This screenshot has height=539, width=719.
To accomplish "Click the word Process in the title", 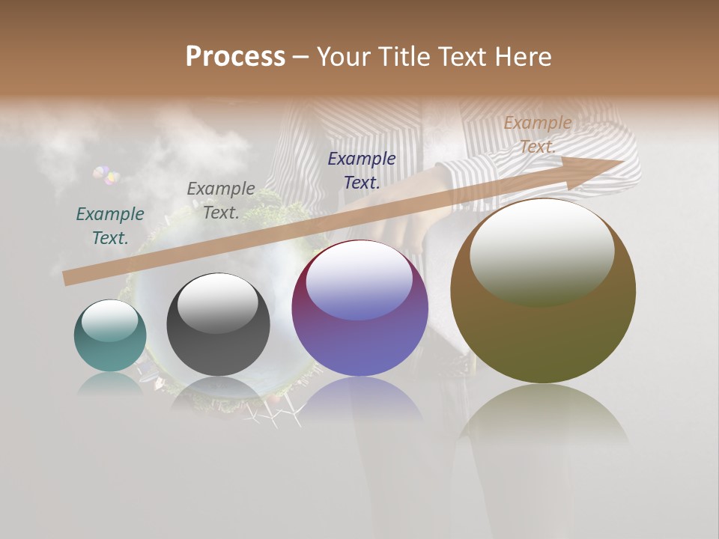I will tap(235, 57).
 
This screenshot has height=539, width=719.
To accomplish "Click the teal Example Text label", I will tap(110, 225).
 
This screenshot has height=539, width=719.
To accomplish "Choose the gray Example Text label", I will tap(220, 200).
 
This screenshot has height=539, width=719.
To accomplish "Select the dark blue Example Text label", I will tap(362, 169).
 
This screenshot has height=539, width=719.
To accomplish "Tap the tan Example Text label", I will tap(538, 135).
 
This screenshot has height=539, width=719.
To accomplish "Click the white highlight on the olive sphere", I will tap(541, 253).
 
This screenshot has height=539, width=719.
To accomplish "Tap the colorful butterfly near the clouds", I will tap(106, 176).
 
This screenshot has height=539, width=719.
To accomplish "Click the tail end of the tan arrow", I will tap(70, 278).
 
